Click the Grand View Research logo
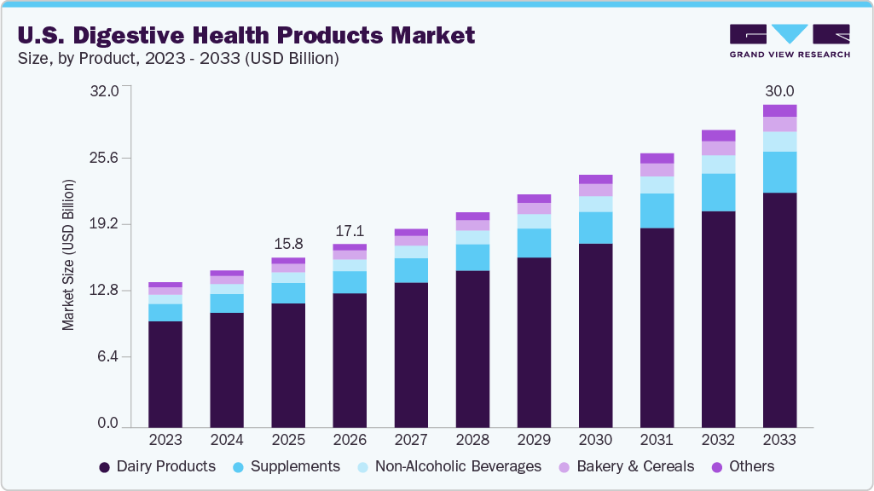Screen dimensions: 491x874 [790, 40]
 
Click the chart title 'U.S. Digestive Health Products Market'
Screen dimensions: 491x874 [246, 35]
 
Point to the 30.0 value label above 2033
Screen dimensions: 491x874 [779, 91]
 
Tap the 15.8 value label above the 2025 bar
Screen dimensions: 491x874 [288, 244]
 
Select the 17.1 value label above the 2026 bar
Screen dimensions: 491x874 [350, 231]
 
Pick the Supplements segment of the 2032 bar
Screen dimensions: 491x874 [718, 193]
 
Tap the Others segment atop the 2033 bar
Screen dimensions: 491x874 [779, 111]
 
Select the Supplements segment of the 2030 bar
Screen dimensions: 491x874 [595, 228]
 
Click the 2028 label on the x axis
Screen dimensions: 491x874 [472, 440]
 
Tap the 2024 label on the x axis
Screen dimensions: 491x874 [227, 440]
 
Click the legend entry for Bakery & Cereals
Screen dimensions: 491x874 [627, 466]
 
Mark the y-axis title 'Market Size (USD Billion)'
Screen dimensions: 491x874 [68, 256]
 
